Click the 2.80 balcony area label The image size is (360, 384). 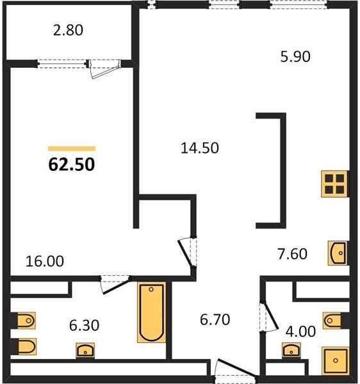pos(68,30)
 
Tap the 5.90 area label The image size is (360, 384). pos(295,56)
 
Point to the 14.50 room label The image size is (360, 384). pos(199,148)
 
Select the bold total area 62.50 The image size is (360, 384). pos(72,164)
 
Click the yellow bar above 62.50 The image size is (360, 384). pos(72,148)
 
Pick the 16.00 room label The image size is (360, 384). pos(45,261)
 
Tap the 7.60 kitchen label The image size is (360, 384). pos(292,253)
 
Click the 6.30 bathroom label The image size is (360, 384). pos(84,326)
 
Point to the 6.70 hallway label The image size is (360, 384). pos(215,319)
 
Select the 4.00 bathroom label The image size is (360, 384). pos(300,332)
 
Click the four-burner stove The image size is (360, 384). pos(335,184)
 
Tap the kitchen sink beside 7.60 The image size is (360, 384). pos(338,253)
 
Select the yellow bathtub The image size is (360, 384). pos(151,312)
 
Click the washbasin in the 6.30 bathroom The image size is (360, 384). pos(85,351)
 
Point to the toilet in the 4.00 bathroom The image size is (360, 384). pos(333,321)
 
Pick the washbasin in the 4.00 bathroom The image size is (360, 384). pos(291,350)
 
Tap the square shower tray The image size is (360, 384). pos(336,361)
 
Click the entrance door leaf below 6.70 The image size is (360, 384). pos(236,368)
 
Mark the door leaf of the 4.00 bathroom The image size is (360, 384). pos(270,316)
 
